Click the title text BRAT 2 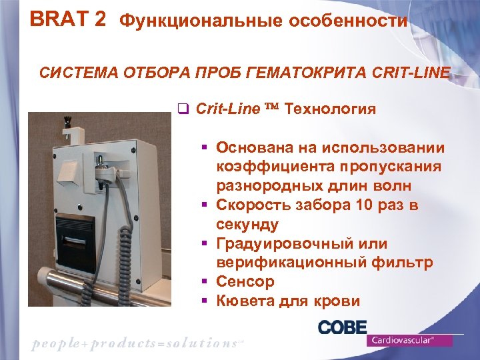click(x=67, y=19)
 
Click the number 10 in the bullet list click(x=345, y=205)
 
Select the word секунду click(x=247, y=225)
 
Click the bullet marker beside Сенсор click(x=206, y=283)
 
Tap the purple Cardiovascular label click(x=409, y=341)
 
